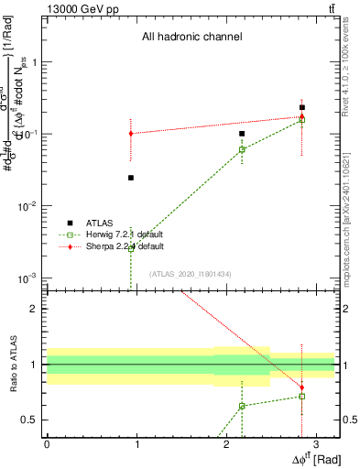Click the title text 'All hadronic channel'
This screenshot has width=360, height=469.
click(191, 38)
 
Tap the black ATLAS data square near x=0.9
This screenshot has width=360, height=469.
click(131, 178)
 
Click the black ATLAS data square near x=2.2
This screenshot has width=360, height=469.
click(242, 134)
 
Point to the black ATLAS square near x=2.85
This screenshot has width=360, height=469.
click(302, 107)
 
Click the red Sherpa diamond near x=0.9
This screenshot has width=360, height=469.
click(131, 134)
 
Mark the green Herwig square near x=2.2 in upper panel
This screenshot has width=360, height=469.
click(242, 149)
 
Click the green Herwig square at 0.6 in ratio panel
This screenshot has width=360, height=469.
click(242, 406)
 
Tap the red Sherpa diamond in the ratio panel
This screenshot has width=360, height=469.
click(302, 387)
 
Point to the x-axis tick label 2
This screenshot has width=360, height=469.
click(225, 443)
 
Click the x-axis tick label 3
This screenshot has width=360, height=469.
click(315, 443)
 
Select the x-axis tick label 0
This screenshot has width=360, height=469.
click(47, 443)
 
